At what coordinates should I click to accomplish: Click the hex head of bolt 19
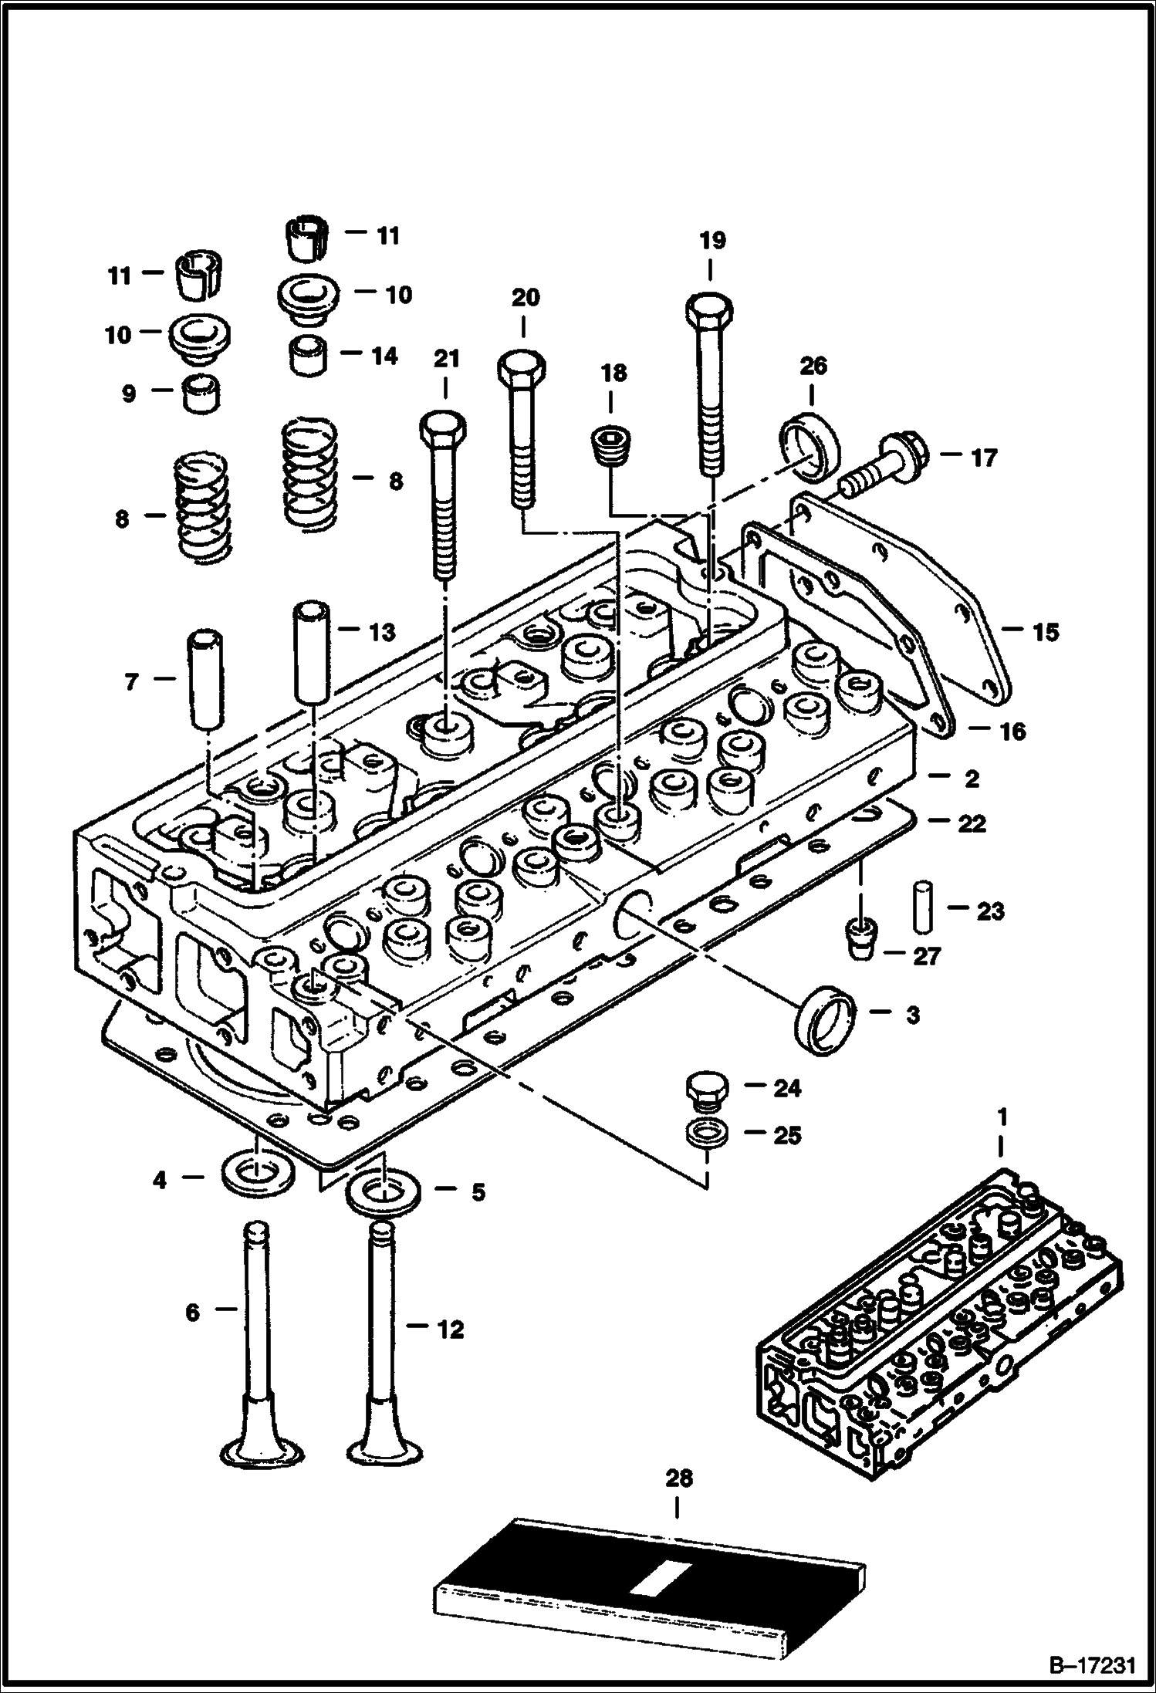point(710,312)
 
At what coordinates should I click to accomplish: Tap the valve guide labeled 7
point(206,680)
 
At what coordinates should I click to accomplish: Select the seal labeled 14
point(306,356)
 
